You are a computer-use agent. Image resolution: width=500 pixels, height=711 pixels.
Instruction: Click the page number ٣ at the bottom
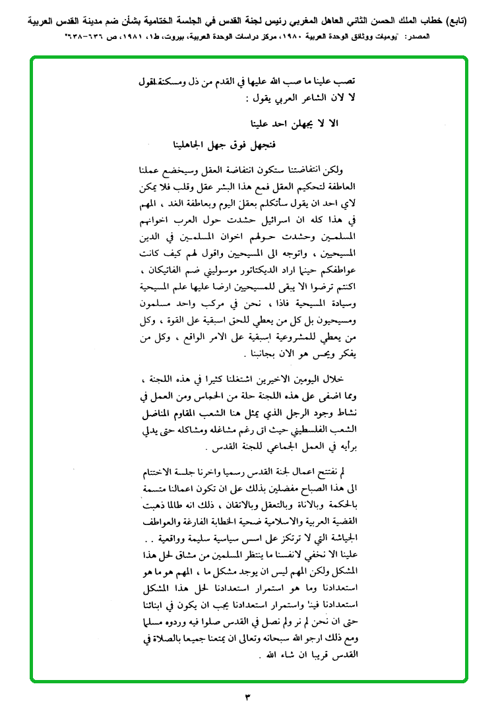(x=249, y=696)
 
